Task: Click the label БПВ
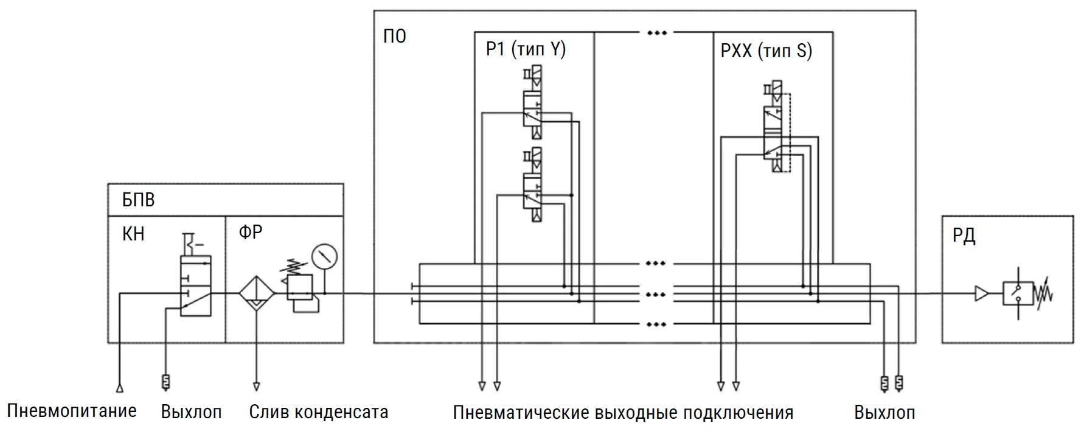tap(138, 200)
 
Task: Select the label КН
tap(133, 234)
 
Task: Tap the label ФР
tap(250, 232)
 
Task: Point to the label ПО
tap(394, 37)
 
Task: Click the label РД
tap(964, 236)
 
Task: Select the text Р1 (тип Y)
tap(526, 49)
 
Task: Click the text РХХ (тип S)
tap(766, 51)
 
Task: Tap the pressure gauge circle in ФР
tap(324, 256)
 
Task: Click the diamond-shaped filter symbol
tap(256, 293)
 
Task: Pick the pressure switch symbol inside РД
tap(1018, 294)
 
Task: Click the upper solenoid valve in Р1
tap(532, 107)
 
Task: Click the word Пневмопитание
tap(72, 411)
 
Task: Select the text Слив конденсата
tap(318, 412)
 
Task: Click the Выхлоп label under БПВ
tap(191, 412)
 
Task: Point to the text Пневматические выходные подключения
tap(623, 413)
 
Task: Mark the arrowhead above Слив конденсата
tap(256, 387)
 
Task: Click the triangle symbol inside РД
tap(981, 294)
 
